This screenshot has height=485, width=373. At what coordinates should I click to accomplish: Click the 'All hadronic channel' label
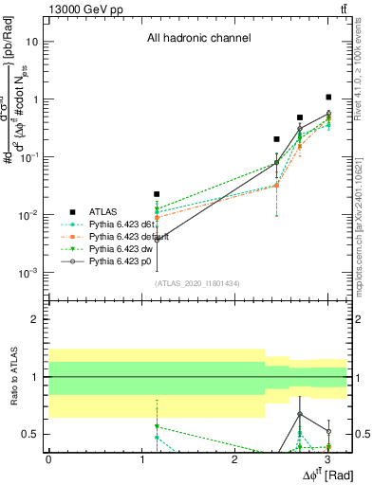pos(198,38)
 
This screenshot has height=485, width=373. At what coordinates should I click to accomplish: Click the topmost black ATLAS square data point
pos(328,97)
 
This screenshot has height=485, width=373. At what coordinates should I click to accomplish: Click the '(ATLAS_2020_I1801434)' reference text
pos(197,283)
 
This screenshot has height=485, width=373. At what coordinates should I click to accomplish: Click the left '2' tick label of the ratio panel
pos(36,319)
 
